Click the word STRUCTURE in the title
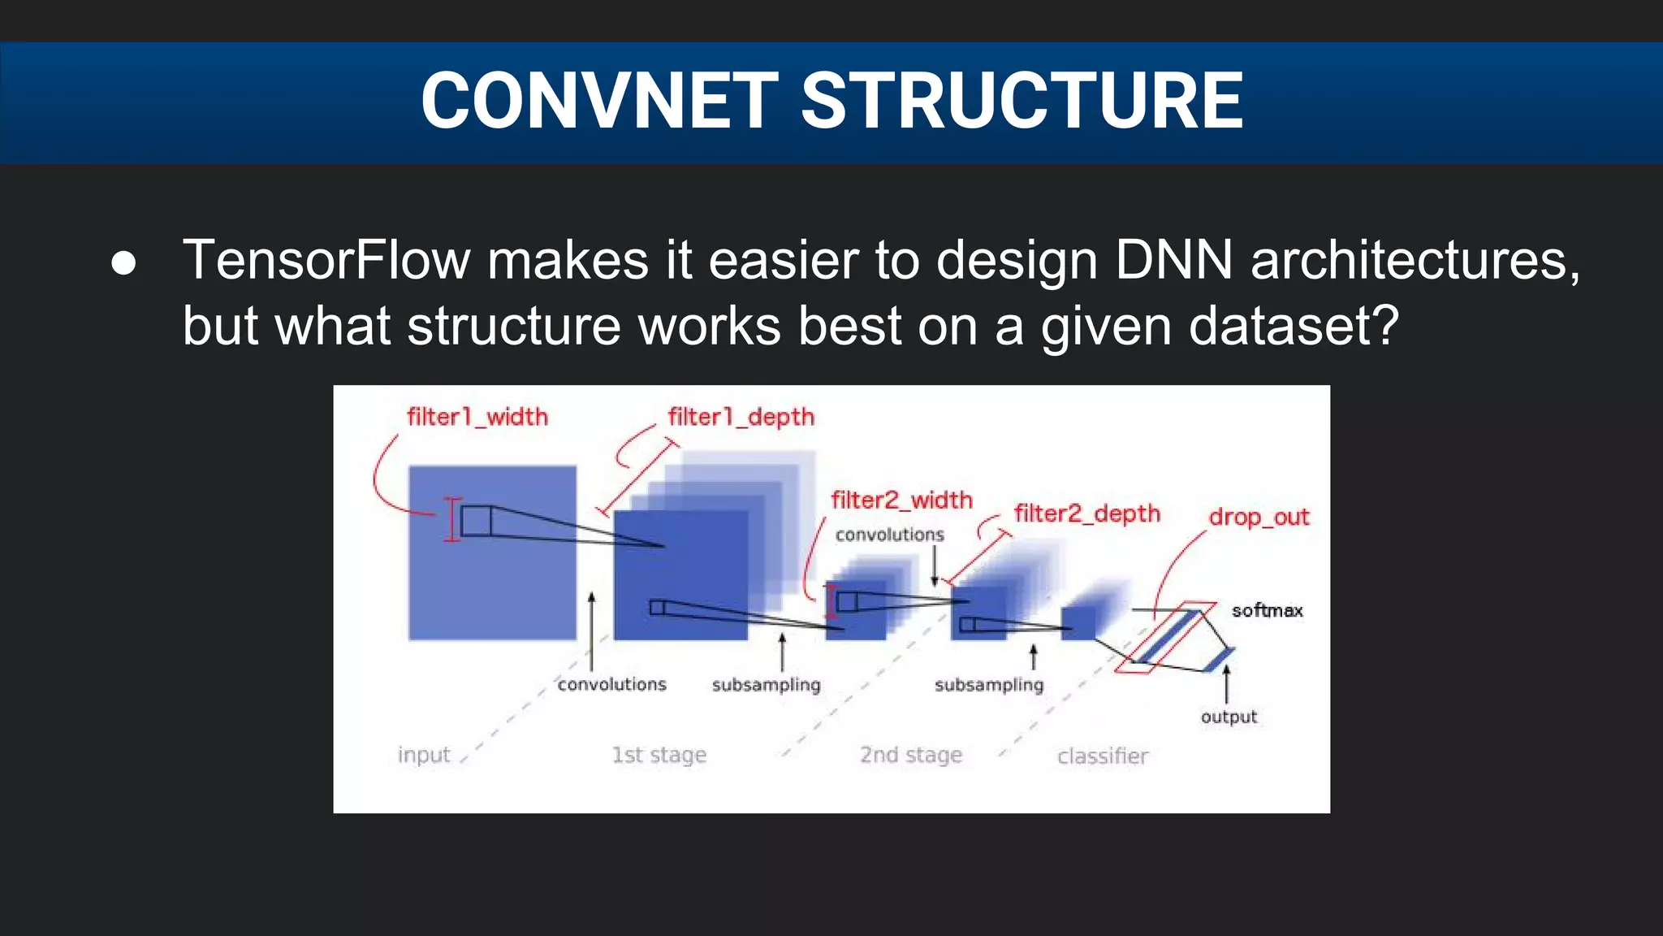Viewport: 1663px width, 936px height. click(x=1022, y=101)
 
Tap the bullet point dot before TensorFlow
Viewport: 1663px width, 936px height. click(x=123, y=262)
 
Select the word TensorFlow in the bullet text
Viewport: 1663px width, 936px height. click(x=326, y=261)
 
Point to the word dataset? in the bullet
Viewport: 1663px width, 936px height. click(x=1294, y=326)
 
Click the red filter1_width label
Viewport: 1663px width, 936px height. click(x=477, y=417)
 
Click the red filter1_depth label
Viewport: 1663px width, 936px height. click(x=741, y=417)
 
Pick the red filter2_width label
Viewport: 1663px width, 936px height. click(x=901, y=500)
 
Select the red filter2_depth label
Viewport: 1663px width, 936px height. click(x=1086, y=513)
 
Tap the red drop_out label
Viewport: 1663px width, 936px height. click(x=1259, y=517)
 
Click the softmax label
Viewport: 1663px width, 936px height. click(x=1267, y=610)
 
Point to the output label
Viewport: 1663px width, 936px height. click(x=1229, y=717)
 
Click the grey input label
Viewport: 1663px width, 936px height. click(x=423, y=755)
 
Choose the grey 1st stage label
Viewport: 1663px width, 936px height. click(x=659, y=755)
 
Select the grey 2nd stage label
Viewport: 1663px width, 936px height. click(x=910, y=755)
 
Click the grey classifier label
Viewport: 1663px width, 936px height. click(x=1102, y=756)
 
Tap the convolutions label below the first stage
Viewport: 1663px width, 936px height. click(x=611, y=684)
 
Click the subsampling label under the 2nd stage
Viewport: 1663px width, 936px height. click(x=988, y=685)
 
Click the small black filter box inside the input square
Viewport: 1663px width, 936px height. click(x=476, y=520)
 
